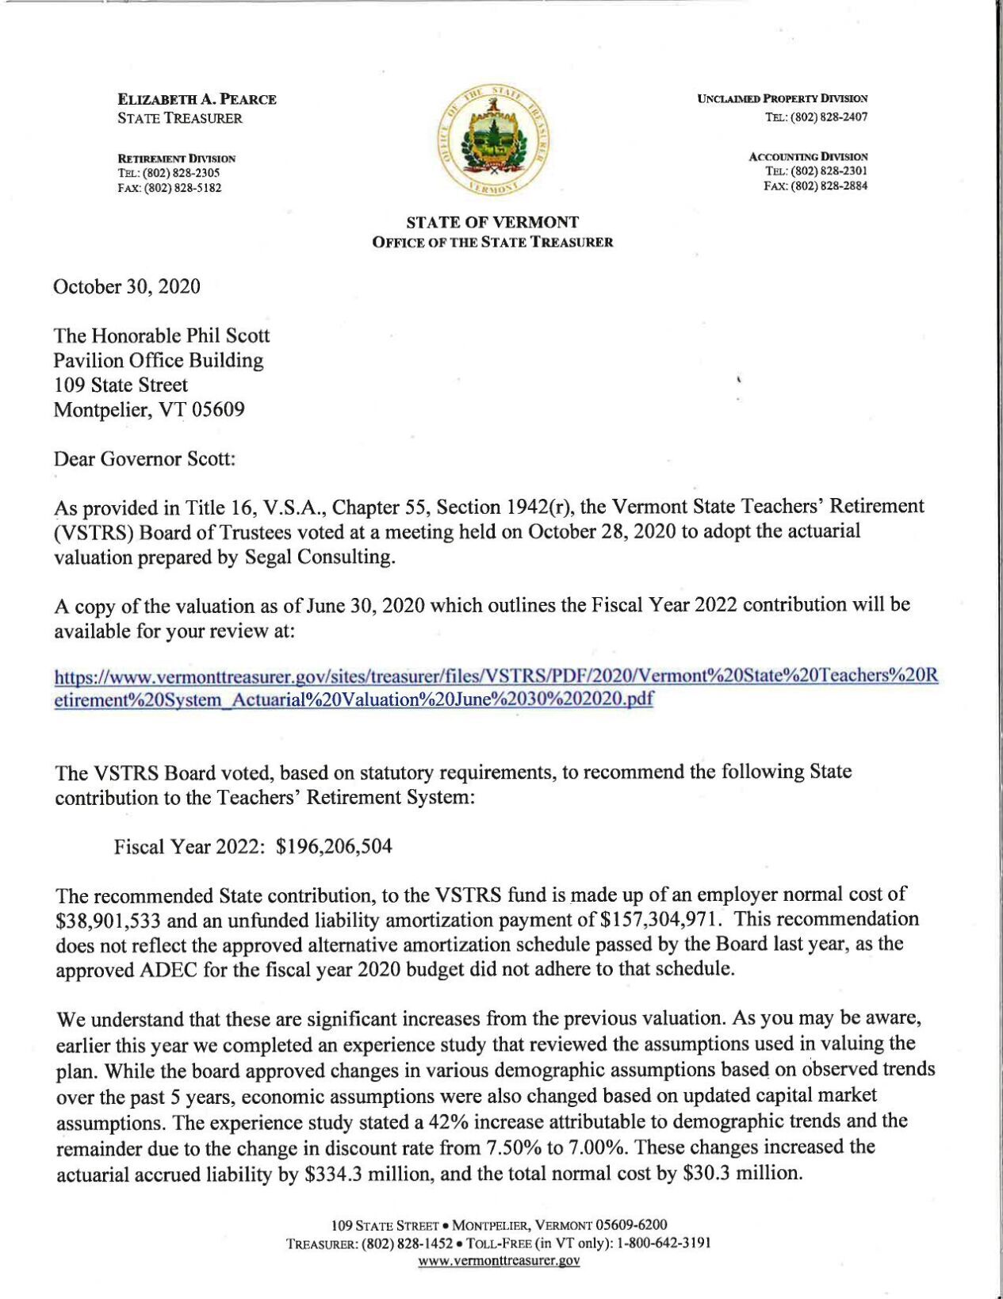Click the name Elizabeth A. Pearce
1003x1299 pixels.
pos(197,99)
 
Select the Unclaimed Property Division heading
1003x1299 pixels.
pos(782,98)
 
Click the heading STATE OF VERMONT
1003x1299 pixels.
pos(492,222)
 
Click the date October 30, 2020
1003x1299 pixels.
pos(127,286)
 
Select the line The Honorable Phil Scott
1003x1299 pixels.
pos(161,335)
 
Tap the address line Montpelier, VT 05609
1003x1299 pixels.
pos(149,410)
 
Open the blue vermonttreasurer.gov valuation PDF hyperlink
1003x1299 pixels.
pos(496,688)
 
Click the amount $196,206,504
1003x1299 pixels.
pos(334,846)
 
